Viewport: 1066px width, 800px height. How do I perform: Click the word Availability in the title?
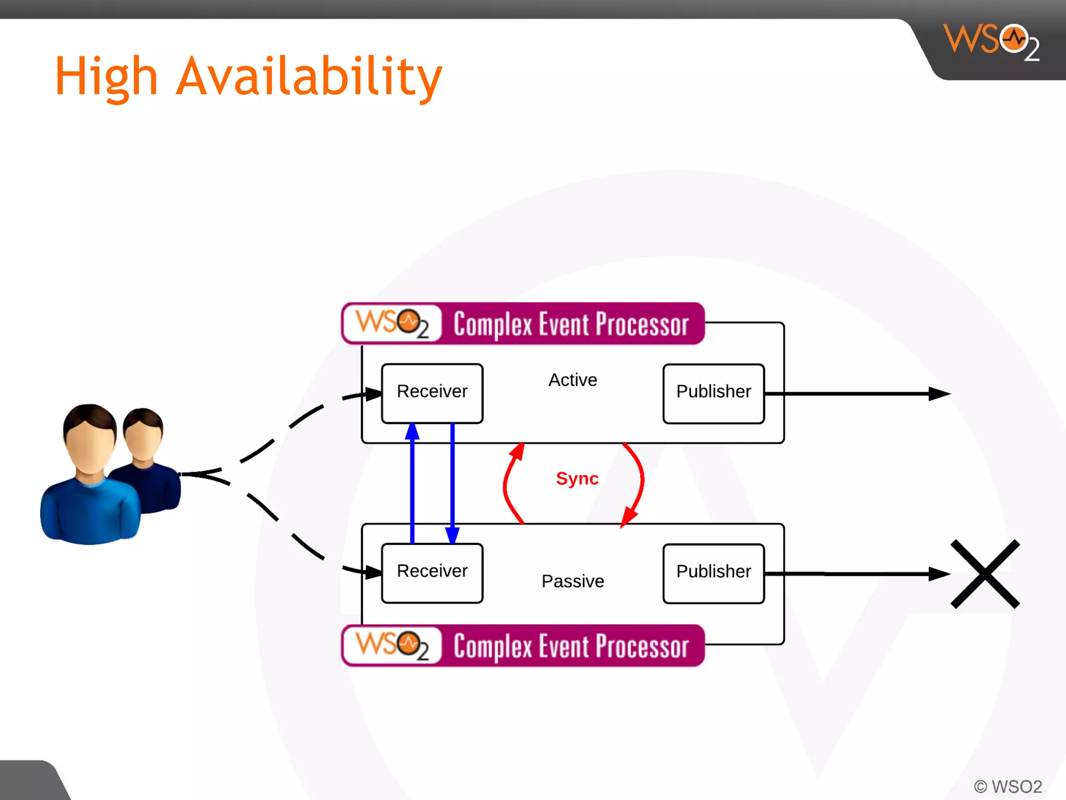point(309,77)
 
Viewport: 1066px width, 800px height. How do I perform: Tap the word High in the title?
point(106,77)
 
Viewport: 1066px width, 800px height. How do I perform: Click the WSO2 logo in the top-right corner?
point(991,42)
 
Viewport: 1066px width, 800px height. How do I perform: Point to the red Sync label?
point(577,478)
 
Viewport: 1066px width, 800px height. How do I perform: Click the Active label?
point(573,380)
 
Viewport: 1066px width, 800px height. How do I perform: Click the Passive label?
point(573,581)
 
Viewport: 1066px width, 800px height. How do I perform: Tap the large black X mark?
point(985,573)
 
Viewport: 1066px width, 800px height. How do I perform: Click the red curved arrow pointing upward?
point(507,482)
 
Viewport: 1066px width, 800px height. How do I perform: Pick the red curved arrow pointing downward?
point(641,482)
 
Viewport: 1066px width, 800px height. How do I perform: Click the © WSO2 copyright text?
point(1008,786)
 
